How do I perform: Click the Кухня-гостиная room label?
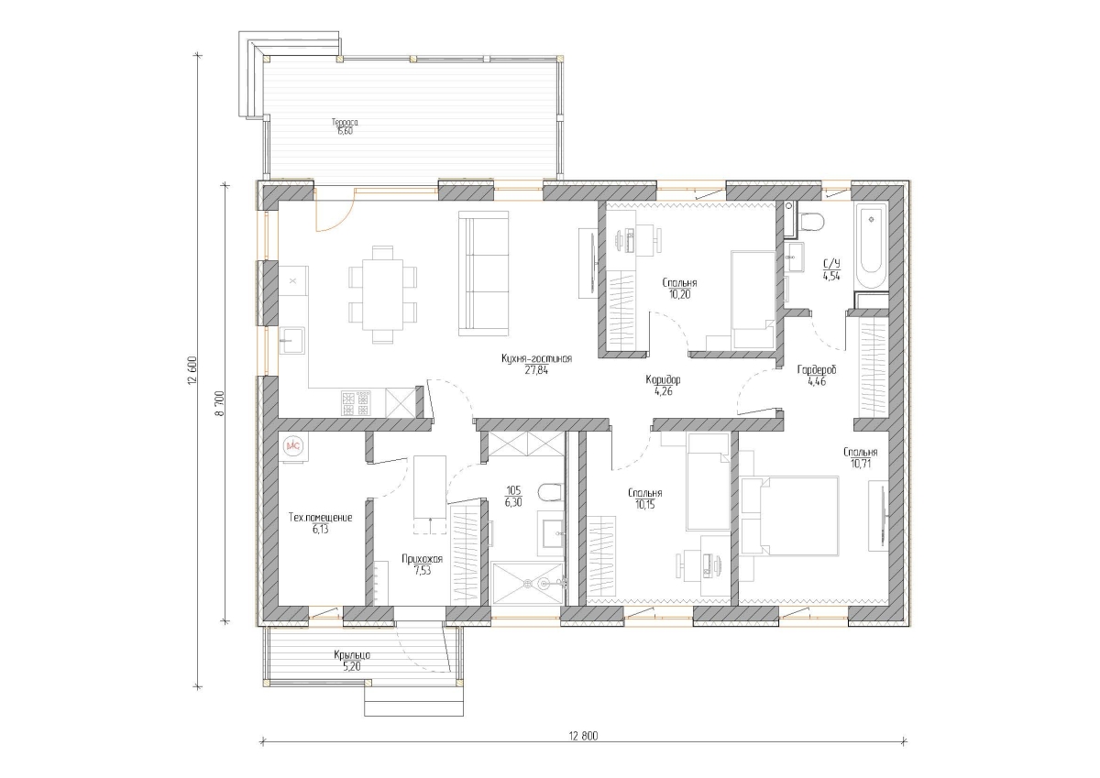point(536,359)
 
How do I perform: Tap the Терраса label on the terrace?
point(345,122)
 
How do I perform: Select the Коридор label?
point(663,379)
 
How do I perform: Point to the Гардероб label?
point(816,370)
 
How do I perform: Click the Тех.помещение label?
point(320,518)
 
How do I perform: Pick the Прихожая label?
point(422,559)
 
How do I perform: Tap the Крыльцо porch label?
point(352,655)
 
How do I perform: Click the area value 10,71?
point(860,464)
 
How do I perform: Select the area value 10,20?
point(679,294)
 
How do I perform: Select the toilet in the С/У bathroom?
point(811,221)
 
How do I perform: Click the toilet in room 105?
point(550,492)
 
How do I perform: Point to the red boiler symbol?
point(293,445)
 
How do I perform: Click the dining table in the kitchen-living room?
point(382,294)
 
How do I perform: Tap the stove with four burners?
point(357,403)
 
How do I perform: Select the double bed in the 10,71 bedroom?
point(789,516)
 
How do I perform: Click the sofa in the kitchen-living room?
point(483,273)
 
